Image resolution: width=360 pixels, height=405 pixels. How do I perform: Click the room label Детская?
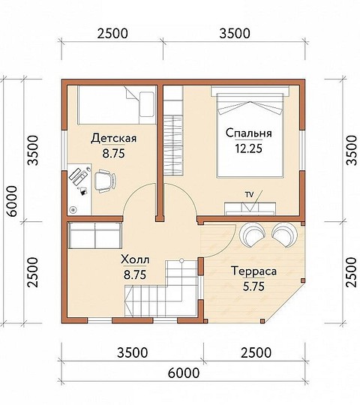click(114, 139)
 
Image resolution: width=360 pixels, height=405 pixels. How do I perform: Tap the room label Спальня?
click(249, 133)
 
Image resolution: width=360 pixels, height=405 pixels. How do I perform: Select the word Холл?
click(135, 259)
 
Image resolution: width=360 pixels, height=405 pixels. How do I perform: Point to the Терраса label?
click(254, 271)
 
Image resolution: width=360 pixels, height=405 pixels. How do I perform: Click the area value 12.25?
click(248, 148)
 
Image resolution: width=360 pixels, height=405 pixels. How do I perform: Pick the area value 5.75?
click(253, 286)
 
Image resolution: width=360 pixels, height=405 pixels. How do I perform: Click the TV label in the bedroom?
click(250, 195)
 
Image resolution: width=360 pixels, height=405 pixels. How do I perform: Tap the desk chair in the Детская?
click(104, 181)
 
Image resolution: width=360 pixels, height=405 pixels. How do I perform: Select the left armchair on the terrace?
click(252, 235)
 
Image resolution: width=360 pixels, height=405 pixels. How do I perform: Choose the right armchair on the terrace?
click(284, 235)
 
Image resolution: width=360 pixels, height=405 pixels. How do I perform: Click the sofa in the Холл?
click(94, 235)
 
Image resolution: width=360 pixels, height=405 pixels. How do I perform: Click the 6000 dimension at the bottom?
click(183, 373)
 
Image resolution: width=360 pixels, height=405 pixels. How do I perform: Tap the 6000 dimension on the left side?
click(12, 201)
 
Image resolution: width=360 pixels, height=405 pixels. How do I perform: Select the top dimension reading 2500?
click(112, 34)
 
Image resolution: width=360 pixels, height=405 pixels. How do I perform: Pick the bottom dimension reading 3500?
click(133, 352)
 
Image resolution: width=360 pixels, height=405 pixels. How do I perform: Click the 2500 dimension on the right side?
click(351, 272)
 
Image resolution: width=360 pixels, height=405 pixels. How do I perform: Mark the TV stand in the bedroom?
click(250, 208)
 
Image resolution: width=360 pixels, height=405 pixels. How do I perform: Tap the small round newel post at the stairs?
click(181, 260)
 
